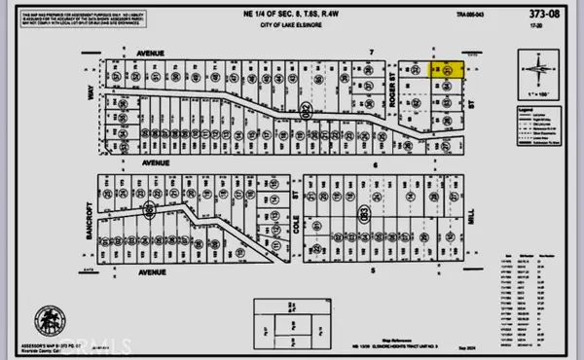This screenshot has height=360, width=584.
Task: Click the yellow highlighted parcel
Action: point(448,70)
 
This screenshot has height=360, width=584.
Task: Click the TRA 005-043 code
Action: point(462,39)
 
